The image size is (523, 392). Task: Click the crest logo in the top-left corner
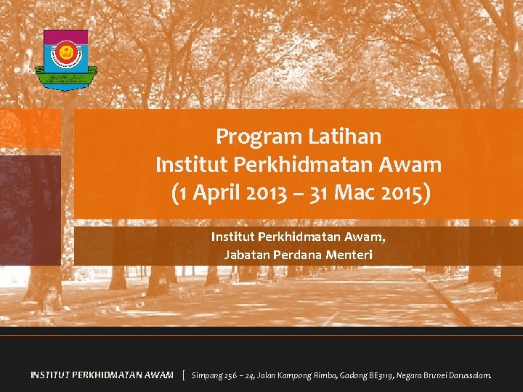tap(65, 59)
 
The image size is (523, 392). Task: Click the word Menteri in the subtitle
tap(349, 255)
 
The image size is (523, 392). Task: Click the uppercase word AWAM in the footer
tap(157, 375)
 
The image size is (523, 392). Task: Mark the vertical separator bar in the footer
tap(184, 375)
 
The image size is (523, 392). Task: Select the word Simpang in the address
tap(208, 375)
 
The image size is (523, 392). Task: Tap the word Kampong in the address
tap(296, 375)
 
